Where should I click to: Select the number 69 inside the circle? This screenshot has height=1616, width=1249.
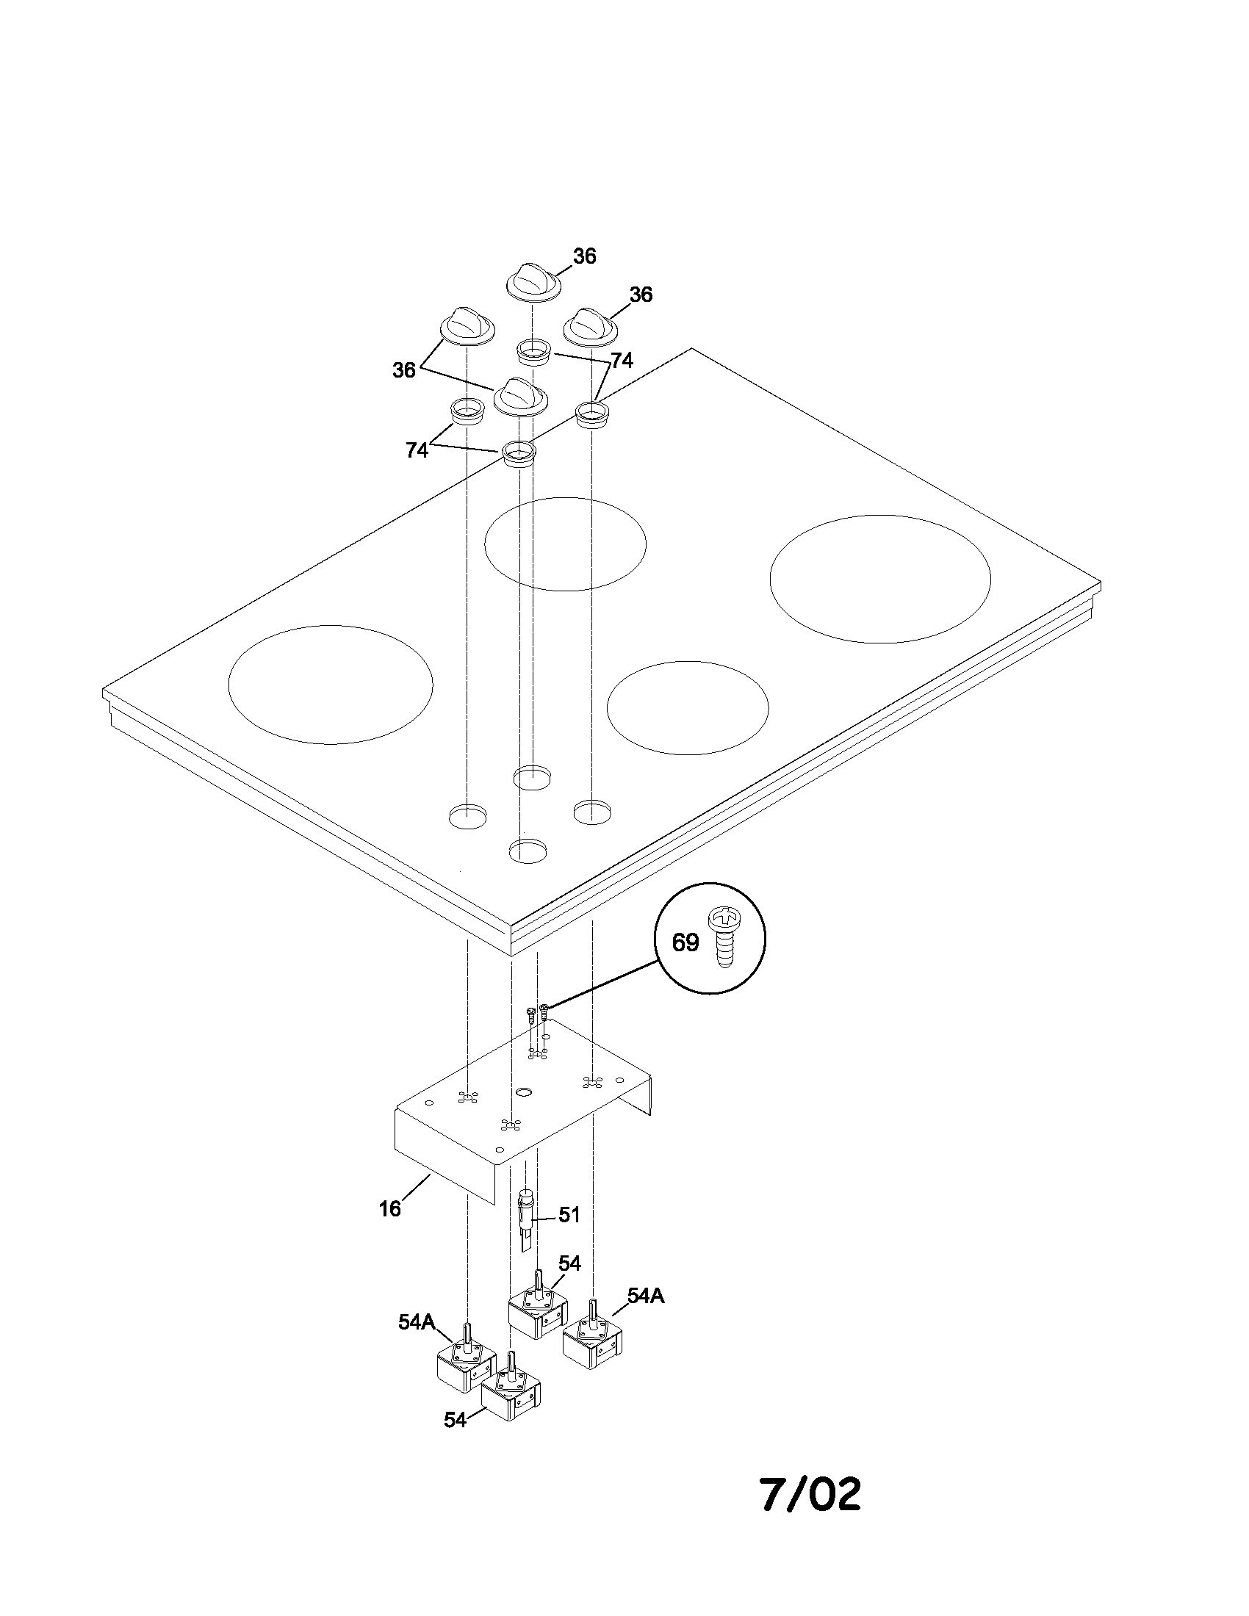[685, 942]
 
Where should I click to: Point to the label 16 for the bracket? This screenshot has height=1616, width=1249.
[390, 1208]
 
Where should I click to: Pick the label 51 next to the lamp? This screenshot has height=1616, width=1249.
[569, 1215]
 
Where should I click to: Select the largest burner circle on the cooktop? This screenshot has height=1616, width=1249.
[879, 579]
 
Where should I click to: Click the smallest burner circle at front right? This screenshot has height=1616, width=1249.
[688, 707]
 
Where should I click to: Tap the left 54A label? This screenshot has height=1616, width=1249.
[417, 1322]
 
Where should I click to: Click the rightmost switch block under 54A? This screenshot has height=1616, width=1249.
[592, 1341]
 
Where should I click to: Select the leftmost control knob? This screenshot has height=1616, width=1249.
[467, 326]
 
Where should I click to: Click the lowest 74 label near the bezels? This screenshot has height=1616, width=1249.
[417, 450]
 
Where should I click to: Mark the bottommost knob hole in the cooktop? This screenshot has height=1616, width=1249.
[528, 851]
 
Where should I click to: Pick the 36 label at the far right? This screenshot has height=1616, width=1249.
[641, 295]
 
